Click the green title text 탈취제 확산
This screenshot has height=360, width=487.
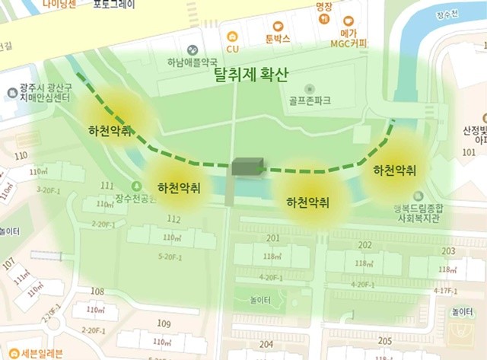click(x=251, y=75)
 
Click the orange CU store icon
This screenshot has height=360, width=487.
click(x=232, y=35)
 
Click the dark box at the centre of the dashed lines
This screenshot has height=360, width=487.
click(x=247, y=167)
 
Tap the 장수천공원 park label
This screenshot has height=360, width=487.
click(x=135, y=199)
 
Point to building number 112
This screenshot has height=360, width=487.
click(x=174, y=219)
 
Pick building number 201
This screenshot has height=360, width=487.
click(x=272, y=238)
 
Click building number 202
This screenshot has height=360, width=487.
click(x=365, y=245)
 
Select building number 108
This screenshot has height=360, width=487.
click(x=97, y=292)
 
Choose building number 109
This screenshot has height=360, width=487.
click(x=164, y=323)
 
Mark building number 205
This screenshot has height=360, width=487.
click(x=384, y=339)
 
